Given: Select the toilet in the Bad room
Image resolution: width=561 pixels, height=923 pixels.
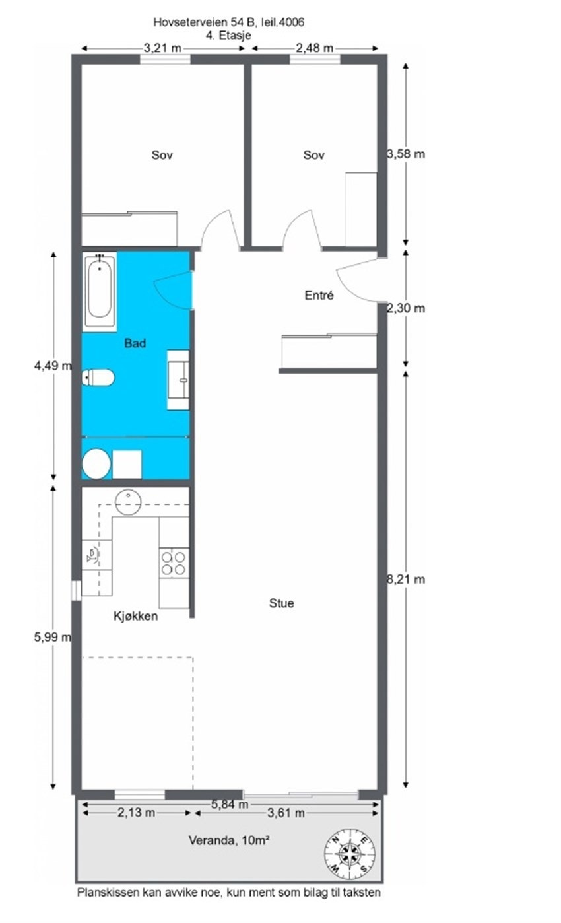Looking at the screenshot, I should tap(98, 378).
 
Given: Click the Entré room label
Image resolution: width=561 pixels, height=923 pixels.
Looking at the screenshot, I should tap(319, 296).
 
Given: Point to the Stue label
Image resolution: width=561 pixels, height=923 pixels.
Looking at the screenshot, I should tap(282, 603).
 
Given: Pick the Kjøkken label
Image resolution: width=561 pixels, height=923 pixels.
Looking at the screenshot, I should tap(135, 616).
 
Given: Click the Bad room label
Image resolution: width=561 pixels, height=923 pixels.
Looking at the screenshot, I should tap(135, 343).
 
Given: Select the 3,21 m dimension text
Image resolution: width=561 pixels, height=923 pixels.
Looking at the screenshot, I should tap(163, 48).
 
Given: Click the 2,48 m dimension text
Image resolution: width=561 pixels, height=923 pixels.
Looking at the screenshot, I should tap(315, 48).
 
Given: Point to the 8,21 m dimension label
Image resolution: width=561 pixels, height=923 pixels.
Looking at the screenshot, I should tap(405, 580).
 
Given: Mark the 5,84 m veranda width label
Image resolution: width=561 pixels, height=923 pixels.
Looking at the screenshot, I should tap(230, 804).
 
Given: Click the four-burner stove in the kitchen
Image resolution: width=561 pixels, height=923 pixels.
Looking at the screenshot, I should tap(174, 562).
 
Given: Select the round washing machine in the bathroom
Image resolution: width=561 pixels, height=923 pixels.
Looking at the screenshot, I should tap(96, 463).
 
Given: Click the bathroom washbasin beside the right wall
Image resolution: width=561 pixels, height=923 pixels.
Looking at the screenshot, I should tap(179, 374).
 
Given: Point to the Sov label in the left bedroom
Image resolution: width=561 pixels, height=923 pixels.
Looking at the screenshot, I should tap(162, 155).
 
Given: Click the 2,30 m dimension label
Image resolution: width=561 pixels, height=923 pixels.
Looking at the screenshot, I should tap(405, 308).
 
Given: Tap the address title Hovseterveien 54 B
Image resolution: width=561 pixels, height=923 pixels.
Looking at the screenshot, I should tap(228, 22).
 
